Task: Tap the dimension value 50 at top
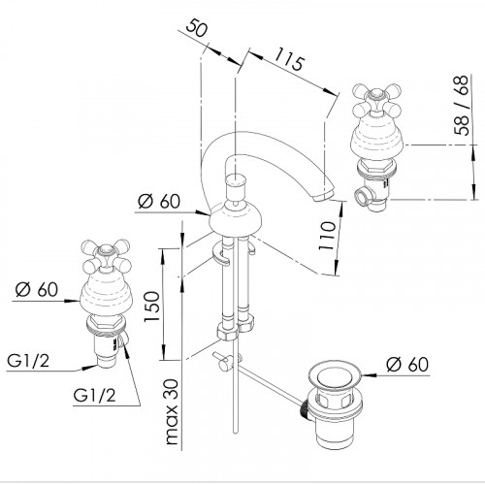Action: pyautogui.click(x=197, y=29)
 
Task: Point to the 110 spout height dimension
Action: pyautogui.click(x=327, y=235)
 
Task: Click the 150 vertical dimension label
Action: pyautogui.click(x=152, y=306)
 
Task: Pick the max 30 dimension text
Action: pyautogui.click(x=172, y=411)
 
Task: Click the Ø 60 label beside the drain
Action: pyautogui.click(x=407, y=364)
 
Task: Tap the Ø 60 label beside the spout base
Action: pyautogui.click(x=159, y=201)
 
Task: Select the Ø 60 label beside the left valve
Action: pyautogui.click(x=37, y=289)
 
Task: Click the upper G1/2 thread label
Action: pyautogui.click(x=28, y=361)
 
